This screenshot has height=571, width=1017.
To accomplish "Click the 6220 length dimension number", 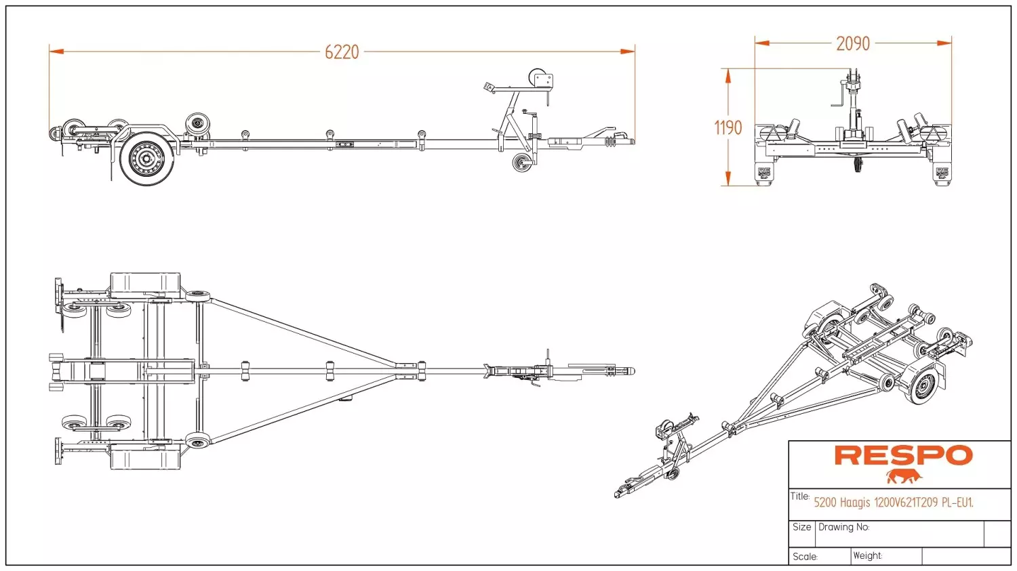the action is pos(342,52).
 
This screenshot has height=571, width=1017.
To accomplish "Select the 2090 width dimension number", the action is pos(853,43).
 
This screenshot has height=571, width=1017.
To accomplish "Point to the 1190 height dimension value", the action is pos(728,127).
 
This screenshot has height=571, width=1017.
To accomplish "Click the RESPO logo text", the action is pos(904,455).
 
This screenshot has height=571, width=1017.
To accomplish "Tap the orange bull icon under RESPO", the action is pos(904,476).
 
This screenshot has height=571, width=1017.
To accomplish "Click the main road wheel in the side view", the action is pos(147,158).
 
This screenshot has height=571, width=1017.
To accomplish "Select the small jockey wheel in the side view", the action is pos(522,163).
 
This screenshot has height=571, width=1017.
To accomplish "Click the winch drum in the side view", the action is pos(538,78).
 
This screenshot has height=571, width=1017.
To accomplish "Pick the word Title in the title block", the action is pos(800,496).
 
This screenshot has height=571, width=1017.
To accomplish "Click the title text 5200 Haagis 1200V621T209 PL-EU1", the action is pos(894,503).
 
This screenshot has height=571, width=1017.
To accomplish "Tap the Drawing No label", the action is pos(844,527).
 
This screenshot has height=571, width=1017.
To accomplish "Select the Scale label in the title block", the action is pos(805,557).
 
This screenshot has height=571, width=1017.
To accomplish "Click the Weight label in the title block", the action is pos(868,555).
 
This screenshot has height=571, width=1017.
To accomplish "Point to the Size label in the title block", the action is pos(802,527).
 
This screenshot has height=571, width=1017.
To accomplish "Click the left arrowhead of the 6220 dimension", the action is pos(56,51).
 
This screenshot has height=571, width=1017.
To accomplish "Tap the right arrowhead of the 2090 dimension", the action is pos(944,43).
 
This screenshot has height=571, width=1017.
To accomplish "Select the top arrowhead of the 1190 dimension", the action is pos(728,76).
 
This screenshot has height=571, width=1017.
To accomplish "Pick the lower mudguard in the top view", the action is pos(145,457).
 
